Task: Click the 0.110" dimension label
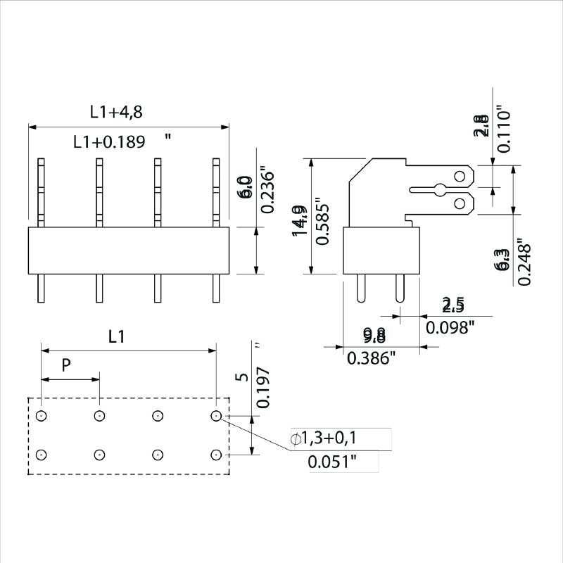pos(502,130)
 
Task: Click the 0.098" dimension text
pos(450,327)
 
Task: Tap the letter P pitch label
pos(66,365)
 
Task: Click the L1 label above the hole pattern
pos(118,337)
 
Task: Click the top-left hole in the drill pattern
pos(42,416)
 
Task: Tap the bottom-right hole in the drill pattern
pos(216,454)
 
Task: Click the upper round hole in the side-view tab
pos(460,175)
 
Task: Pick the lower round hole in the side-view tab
pos(460,204)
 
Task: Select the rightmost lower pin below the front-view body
pos(216,289)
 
